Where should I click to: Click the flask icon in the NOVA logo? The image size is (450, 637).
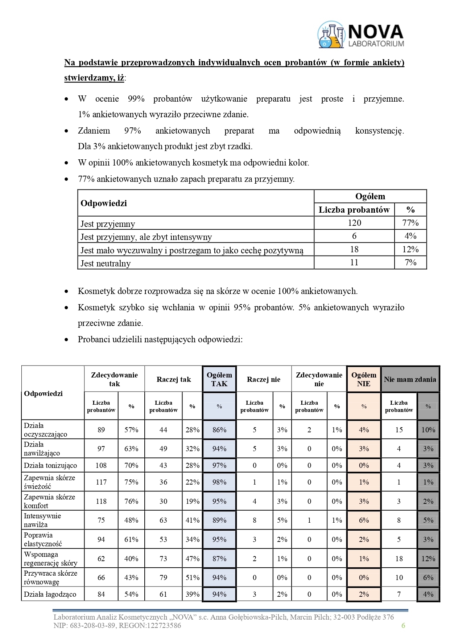pos(331,35)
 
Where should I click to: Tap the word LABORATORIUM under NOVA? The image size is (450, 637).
pos(376,44)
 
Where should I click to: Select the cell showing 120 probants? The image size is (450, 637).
pos(354,223)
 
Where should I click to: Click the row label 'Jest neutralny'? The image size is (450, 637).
pos(106,263)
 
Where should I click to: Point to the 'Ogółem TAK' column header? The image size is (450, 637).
pos(219,379)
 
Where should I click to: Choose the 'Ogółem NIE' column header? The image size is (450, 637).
pos(364,379)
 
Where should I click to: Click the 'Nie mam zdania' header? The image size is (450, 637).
pos(410,379)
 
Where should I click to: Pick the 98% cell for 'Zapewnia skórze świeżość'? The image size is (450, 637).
pos(219,482)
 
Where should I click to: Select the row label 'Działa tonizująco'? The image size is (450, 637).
pos(50,465)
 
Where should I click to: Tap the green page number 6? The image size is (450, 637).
pos(403,625)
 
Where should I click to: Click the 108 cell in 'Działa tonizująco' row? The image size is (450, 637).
pos(101,465)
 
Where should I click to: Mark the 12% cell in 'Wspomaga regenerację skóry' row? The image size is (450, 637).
pos(428,559)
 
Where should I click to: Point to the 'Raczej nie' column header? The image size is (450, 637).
pos(264,379)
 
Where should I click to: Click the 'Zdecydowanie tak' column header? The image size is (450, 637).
pos(114,379)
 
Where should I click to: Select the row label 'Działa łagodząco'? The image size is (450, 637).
pos(50,594)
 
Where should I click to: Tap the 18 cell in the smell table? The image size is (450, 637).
pos(354,249)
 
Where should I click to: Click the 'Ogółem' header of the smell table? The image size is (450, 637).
pos(370,196)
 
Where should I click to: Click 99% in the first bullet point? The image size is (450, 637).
pos(136,99)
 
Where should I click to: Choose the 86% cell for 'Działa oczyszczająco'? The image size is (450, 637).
pos(219,430)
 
